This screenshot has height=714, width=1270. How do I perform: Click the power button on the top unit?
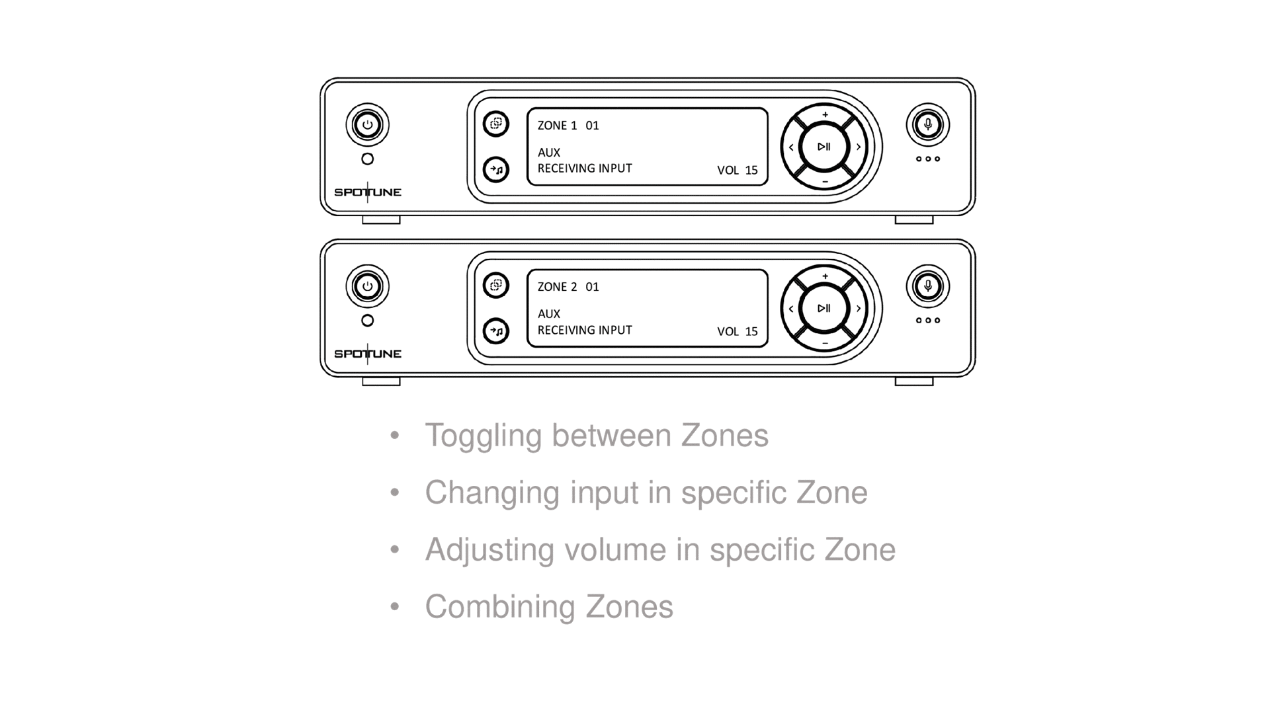point(367,125)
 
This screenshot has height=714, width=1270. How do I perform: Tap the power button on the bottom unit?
point(367,286)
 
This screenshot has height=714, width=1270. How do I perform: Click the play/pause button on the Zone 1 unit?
point(824,147)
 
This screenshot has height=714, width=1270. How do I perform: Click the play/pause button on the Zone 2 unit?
point(824,308)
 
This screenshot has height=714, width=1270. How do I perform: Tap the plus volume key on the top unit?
point(825,115)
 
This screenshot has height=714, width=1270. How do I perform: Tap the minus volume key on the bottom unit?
point(825,343)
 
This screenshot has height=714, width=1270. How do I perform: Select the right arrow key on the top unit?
point(858,147)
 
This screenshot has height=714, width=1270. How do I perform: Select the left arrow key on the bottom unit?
point(790,309)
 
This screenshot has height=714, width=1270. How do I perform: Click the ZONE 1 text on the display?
point(557,126)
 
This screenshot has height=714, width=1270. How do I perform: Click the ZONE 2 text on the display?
point(557,287)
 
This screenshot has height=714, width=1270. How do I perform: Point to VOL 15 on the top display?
point(737,171)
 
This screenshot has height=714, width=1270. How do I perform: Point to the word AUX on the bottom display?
point(548,314)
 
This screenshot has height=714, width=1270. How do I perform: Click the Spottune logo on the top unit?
point(368,192)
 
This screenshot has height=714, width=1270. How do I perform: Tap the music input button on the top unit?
point(496,170)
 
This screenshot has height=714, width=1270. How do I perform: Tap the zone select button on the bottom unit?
point(496,286)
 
